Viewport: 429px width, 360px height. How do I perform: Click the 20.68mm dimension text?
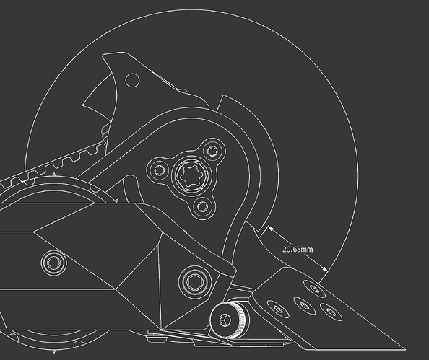[298, 250]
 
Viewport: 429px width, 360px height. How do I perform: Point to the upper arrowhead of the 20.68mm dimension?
[270, 228]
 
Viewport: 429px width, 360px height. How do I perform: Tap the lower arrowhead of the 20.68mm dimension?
[324, 268]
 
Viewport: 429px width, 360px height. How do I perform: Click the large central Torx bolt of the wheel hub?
[191, 175]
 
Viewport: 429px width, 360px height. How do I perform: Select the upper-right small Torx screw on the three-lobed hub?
[213, 151]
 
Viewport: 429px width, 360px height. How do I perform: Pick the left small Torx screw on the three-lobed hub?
[159, 170]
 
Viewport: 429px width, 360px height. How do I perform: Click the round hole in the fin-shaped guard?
[132, 80]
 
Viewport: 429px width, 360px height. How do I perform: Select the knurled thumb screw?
[229, 320]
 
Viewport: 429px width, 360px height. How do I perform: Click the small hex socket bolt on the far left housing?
[53, 263]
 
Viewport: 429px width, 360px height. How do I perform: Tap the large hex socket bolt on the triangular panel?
[195, 281]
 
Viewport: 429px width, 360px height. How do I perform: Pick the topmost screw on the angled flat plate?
[314, 289]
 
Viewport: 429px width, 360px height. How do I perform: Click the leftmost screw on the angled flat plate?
[278, 309]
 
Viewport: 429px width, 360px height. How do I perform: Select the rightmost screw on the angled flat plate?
[331, 312]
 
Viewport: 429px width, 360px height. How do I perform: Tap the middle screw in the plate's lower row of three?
[305, 304]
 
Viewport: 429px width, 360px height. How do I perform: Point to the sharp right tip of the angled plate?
[405, 349]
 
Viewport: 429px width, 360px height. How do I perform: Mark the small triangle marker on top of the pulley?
[54, 175]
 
